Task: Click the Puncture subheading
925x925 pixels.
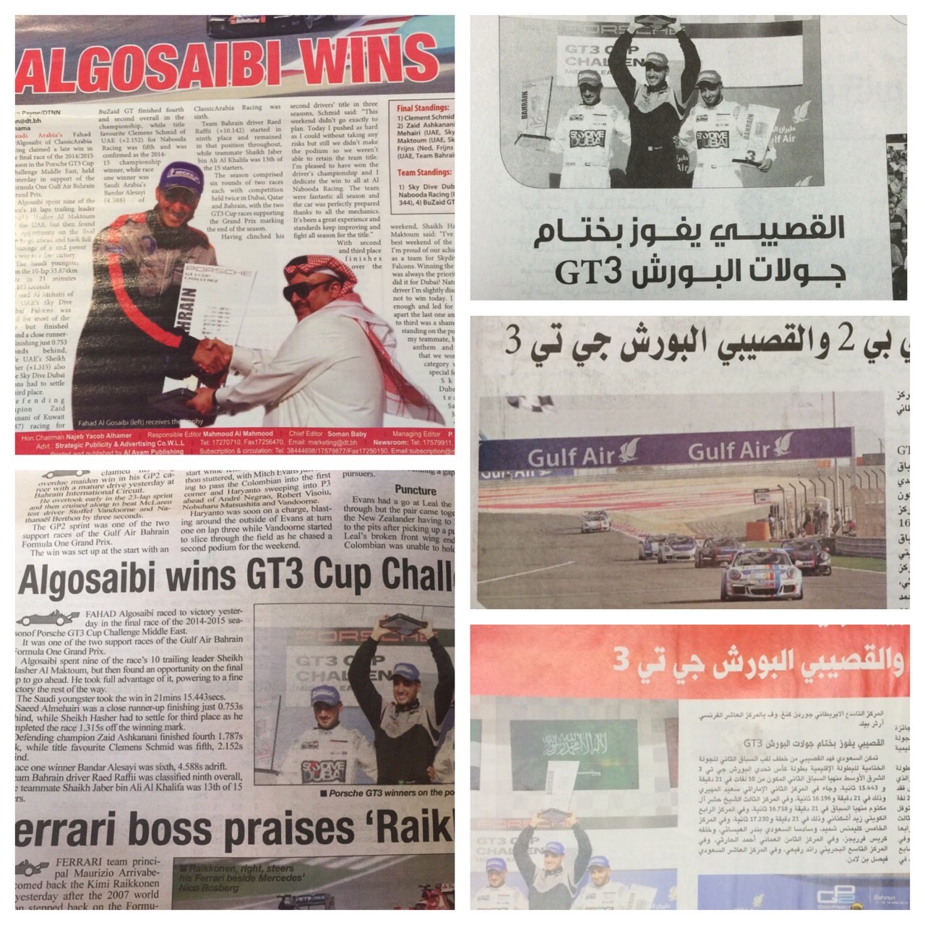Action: coord(415,489)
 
